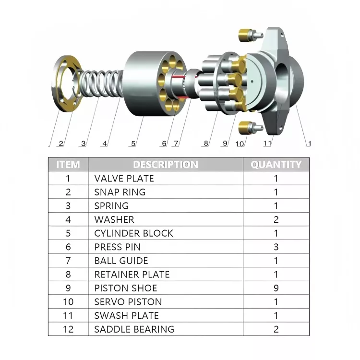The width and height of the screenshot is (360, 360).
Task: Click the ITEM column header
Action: click(x=68, y=165)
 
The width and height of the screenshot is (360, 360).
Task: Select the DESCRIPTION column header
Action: click(x=165, y=165)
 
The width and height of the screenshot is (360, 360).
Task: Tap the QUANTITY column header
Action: click(x=276, y=165)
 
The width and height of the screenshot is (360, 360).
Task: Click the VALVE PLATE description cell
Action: click(x=124, y=179)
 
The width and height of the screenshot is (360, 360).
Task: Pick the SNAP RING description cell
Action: click(x=120, y=192)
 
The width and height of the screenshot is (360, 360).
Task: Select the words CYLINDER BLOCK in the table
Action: click(x=133, y=233)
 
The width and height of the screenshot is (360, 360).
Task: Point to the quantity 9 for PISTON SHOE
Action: click(x=276, y=288)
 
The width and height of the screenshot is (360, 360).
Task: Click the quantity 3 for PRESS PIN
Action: click(x=276, y=247)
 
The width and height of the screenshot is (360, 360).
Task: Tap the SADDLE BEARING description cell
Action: click(x=134, y=329)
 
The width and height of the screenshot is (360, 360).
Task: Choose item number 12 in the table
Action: click(x=68, y=329)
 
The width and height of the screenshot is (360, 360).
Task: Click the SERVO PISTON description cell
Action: click(x=128, y=302)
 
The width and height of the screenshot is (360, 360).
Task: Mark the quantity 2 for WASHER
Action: click(x=276, y=219)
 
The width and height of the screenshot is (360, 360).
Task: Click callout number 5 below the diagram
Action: click(x=133, y=143)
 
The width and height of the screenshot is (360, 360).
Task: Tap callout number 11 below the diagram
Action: click(x=267, y=143)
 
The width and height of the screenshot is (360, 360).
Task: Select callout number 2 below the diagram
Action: click(x=60, y=143)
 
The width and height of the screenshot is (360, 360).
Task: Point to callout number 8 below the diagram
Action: click(x=205, y=143)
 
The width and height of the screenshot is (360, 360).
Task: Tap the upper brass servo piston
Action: click(x=248, y=35)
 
